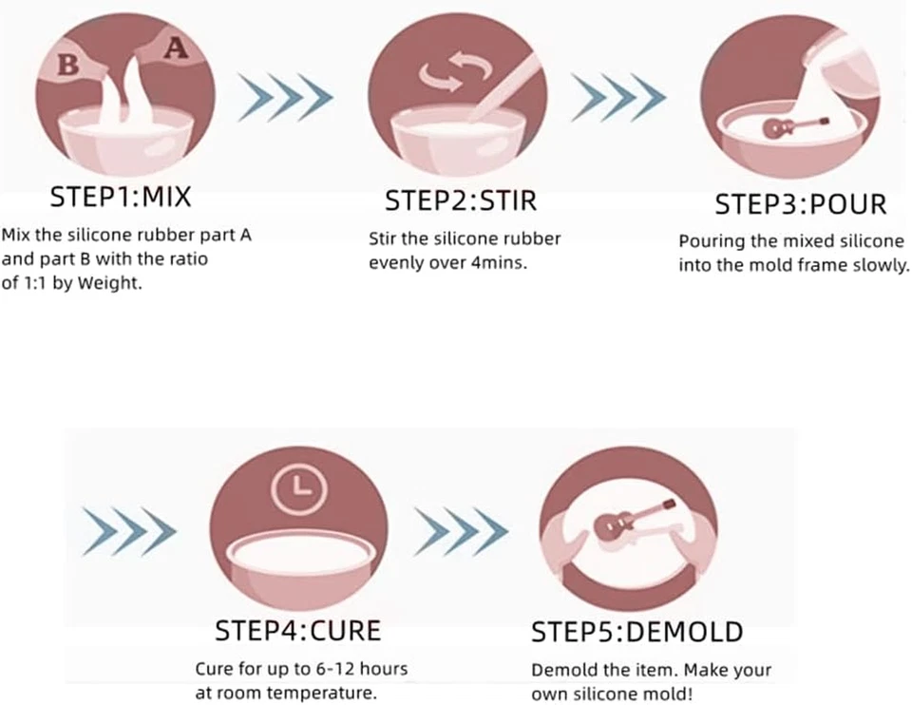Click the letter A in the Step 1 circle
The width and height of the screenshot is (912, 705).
point(176,48)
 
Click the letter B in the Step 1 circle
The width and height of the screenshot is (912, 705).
point(67,65)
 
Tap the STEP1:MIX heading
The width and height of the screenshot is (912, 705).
point(120,198)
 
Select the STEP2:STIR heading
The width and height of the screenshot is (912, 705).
point(461,200)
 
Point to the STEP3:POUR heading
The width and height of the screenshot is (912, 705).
point(800,204)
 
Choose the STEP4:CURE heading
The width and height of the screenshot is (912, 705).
point(297,630)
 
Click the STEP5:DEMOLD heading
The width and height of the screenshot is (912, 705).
point(636,632)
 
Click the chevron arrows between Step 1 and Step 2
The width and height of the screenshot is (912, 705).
point(285,96)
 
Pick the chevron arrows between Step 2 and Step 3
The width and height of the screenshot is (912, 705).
point(617,96)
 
